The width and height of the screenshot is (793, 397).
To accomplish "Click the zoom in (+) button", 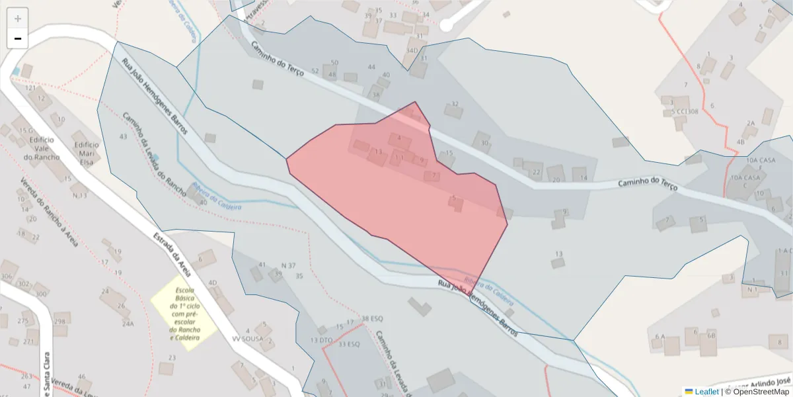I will pos(18,19).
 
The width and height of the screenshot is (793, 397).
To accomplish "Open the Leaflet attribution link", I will pos(706,392).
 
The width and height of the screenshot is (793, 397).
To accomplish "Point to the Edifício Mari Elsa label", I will pos(87,153).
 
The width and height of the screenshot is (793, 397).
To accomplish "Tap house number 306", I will pos(7,277).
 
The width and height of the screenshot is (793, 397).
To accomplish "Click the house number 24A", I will pos(128,324).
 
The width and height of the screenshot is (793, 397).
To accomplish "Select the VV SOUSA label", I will pos(248,339).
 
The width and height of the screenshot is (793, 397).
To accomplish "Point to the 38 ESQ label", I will pos(373,319).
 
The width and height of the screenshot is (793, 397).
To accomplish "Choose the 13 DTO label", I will pos(322,340).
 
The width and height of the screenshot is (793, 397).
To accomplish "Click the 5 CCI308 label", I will pos(685,111).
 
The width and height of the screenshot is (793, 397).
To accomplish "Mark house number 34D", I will pos(412,50).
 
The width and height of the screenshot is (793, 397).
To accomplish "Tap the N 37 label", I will pos(288,265).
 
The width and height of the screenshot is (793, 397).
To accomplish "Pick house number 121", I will pos(30,87).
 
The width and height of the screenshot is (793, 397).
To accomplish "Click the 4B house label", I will pos(740,142).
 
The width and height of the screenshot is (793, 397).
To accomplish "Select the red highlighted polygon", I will pos(397,198).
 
